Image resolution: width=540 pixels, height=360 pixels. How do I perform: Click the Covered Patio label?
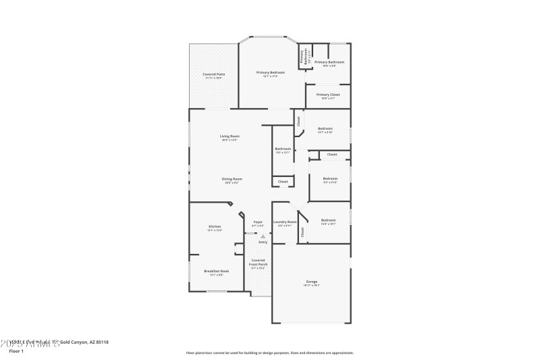(214, 74)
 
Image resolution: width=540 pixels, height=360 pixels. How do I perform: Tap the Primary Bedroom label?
(271, 72)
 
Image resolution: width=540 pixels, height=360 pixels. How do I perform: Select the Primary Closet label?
(328, 95)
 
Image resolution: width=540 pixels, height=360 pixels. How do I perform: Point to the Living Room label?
(230, 136)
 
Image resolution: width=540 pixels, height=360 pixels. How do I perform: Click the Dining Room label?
(232, 178)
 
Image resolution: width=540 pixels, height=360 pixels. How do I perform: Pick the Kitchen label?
(215, 226)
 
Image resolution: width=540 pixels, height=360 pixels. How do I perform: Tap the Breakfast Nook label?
(217, 271)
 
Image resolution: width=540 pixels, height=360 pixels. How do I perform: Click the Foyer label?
(258, 222)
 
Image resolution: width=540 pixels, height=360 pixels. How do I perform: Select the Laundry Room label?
(285, 222)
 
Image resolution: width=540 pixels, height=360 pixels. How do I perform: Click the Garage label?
(311, 282)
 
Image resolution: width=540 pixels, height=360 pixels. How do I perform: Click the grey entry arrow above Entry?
(263, 236)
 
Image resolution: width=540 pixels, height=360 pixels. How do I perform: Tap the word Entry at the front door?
(263, 242)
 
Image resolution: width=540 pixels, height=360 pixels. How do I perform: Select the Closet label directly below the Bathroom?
(283, 181)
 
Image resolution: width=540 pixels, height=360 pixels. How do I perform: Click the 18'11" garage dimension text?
(311, 286)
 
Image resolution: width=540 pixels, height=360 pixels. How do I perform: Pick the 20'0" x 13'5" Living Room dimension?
(230, 140)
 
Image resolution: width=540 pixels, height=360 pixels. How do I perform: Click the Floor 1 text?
(16, 351)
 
